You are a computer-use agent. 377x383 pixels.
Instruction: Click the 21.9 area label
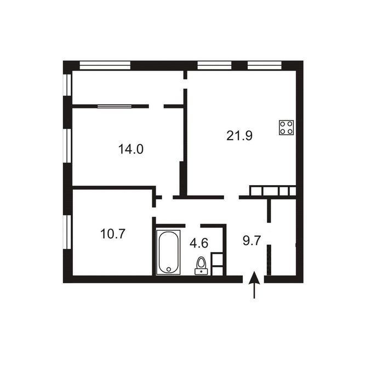pyautogui.click(x=239, y=135)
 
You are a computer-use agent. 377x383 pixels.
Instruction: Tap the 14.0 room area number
pyautogui.click(x=131, y=149)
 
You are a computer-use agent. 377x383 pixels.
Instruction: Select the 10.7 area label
pyautogui.click(x=113, y=234)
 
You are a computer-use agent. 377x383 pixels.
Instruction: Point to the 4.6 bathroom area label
pyautogui.click(x=199, y=243)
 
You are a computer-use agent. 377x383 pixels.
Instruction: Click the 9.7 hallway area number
pyautogui.click(x=252, y=241)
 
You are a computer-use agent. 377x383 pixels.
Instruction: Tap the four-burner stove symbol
pyautogui.click(x=287, y=128)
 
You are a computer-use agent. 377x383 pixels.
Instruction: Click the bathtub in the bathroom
pyautogui.click(x=168, y=253)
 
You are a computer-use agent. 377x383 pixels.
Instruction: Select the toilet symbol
pyautogui.click(x=201, y=266)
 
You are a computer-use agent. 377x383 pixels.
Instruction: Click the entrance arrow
pyautogui.click(x=254, y=285)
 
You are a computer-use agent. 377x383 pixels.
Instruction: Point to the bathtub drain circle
pyautogui.click(x=169, y=269)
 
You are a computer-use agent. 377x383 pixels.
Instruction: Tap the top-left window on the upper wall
pyautogui.click(x=105, y=66)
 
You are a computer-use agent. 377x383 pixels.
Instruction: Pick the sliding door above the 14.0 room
pyautogui.click(x=115, y=106)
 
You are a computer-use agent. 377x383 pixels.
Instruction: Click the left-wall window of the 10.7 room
pyautogui.click(x=67, y=232)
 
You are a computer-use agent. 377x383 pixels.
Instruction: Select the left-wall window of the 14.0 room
pyautogui.click(x=67, y=146)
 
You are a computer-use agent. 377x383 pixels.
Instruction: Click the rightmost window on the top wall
pyautogui.click(x=265, y=66)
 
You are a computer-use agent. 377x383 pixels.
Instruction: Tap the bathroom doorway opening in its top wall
pyautogui.click(x=193, y=226)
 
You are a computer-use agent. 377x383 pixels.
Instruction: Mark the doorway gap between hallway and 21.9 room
pyautogui.click(x=231, y=197)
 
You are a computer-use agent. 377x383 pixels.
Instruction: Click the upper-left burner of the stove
pyautogui.click(x=283, y=124)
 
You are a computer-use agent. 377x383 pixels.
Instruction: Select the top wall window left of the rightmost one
pyautogui.click(x=214, y=66)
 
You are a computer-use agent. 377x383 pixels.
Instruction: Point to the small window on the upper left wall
pyautogui.click(x=67, y=84)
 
